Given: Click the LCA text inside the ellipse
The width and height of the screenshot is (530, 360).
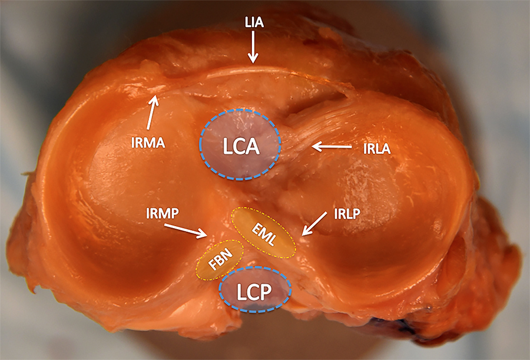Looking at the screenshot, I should (x=242, y=146).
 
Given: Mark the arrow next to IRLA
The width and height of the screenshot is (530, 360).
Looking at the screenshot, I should (x=333, y=146).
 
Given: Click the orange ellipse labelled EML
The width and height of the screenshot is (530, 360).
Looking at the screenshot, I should (x=263, y=232).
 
